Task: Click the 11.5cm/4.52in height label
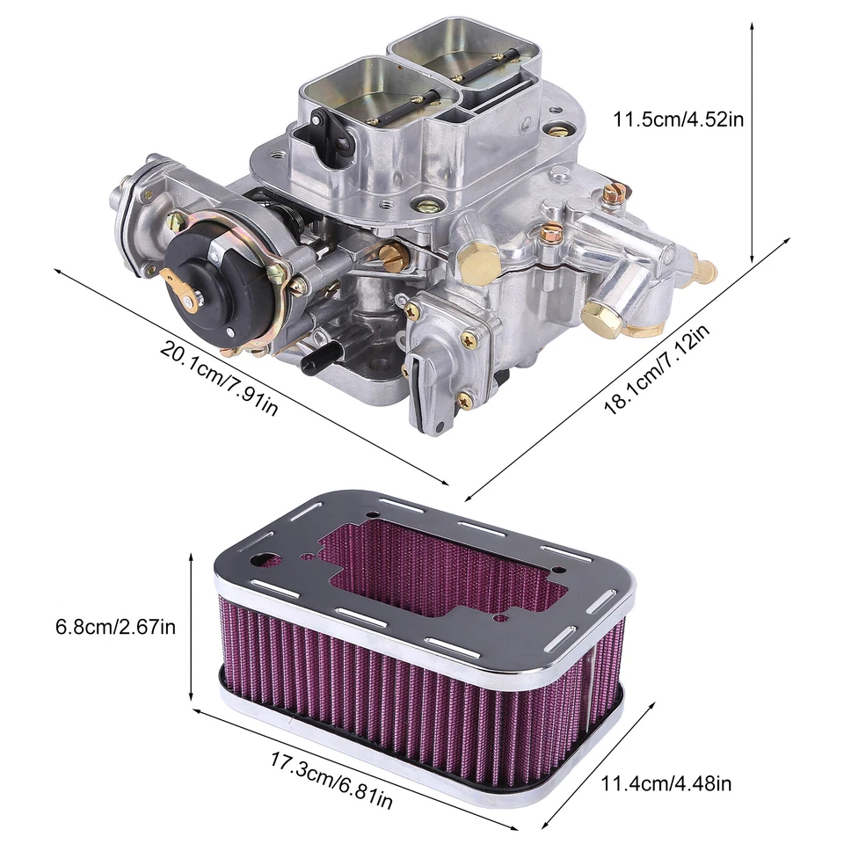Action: pyautogui.click(x=679, y=119)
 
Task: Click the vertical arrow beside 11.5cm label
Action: pyautogui.click(x=753, y=141)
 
